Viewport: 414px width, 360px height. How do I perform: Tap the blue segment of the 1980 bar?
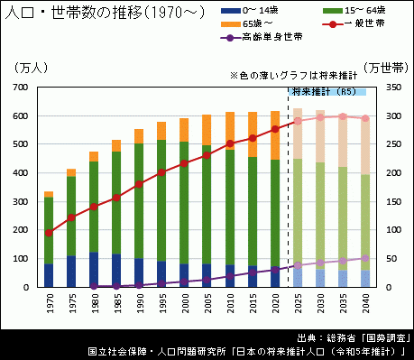94,270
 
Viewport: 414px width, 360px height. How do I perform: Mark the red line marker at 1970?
49,233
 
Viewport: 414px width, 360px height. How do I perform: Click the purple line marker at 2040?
365,258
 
